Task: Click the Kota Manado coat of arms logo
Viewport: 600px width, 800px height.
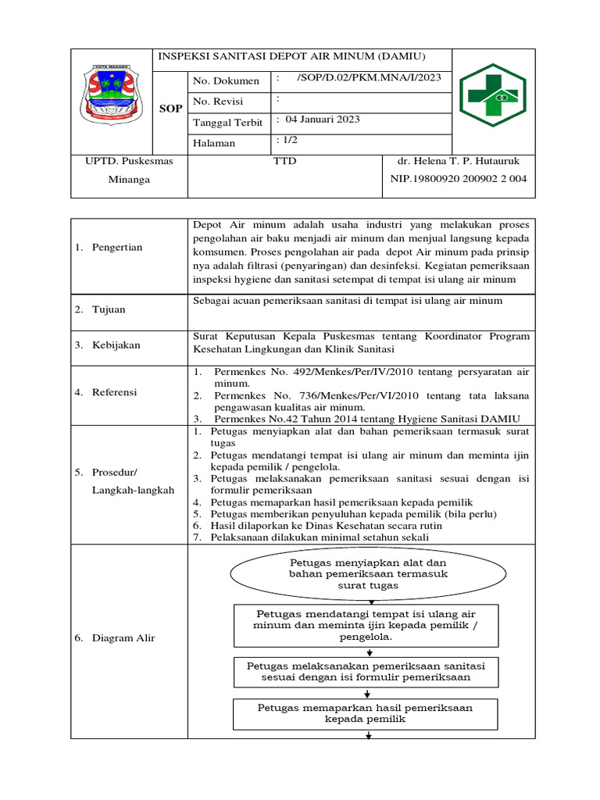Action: click(x=112, y=95)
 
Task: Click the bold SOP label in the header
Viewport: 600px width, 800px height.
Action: click(x=170, y=109)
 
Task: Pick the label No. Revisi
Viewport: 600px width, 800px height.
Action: click(x=218, y=102)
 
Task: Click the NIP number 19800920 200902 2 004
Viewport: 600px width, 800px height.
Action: click(x=459, y=179)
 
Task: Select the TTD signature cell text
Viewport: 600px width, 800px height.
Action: click(x=284, y=161)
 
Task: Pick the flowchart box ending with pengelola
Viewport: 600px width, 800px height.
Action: click(x=366, y=625)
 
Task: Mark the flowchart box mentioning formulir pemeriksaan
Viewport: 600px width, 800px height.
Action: click(x=366, y=672)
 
